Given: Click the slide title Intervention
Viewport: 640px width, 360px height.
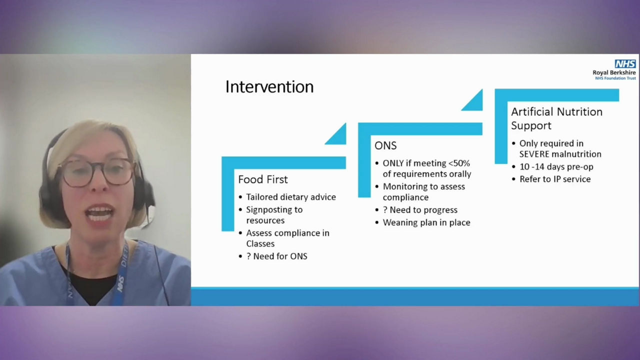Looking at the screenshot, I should (x=269, y=87).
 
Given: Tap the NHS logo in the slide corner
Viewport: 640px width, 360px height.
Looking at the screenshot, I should (x=625, y=64).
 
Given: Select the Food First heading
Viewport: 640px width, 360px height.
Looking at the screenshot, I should (x=263, y=179).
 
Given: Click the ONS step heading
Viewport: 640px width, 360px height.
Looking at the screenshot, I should (x=385, y=145).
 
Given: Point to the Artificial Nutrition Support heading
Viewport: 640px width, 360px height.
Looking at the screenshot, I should (x=556, y=118).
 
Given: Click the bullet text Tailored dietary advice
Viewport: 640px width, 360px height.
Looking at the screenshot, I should (x=290, y=197).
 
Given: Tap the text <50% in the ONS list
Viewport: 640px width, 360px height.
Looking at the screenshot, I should (x=459, y=163).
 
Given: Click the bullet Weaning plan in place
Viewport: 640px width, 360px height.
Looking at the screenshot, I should (x=426, y=222).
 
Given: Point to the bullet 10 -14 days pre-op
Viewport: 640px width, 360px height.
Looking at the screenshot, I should (x=556, y=166).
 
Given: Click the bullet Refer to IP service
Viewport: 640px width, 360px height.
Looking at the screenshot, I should (x=554, y=179).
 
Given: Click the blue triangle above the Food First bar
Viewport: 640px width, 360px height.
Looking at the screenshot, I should (x=337, y=136).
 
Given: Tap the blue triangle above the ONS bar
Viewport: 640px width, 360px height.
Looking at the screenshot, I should (x=474, y=102).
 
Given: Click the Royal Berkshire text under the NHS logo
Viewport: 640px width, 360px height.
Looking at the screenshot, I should (x=614, y=72).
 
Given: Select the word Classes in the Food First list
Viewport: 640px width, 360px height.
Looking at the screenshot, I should (x=260, y=243).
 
